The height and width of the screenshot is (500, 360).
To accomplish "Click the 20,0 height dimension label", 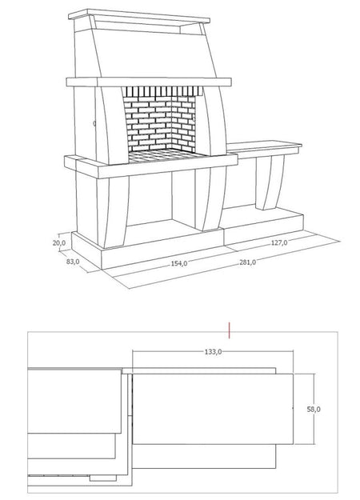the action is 59,243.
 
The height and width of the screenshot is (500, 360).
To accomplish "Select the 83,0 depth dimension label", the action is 73,262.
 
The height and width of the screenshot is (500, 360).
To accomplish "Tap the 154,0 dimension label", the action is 179,263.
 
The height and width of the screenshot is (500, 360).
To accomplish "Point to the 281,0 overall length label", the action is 248,262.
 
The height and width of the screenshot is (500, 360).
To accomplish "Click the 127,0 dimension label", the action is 279,242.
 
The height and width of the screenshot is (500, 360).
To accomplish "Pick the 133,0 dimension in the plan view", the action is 213,352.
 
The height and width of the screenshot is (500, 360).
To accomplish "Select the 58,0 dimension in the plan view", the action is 314,409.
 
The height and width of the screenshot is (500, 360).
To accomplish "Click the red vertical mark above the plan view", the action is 229,330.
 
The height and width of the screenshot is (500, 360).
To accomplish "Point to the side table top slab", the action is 264,147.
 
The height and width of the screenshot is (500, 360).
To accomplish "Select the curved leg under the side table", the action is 270,182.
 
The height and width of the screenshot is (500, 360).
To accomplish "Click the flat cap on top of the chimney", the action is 139,16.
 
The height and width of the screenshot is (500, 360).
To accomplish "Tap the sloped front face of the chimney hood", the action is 153,53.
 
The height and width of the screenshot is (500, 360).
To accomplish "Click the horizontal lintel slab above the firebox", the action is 149,82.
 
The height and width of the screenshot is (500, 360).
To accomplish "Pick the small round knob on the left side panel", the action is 94,123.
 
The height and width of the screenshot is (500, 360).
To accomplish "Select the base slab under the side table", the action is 263,224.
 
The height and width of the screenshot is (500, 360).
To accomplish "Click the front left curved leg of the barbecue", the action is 112,211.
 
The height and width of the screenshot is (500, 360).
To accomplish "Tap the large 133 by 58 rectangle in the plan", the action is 213,409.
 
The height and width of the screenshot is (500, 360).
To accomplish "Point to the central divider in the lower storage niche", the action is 183,197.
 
